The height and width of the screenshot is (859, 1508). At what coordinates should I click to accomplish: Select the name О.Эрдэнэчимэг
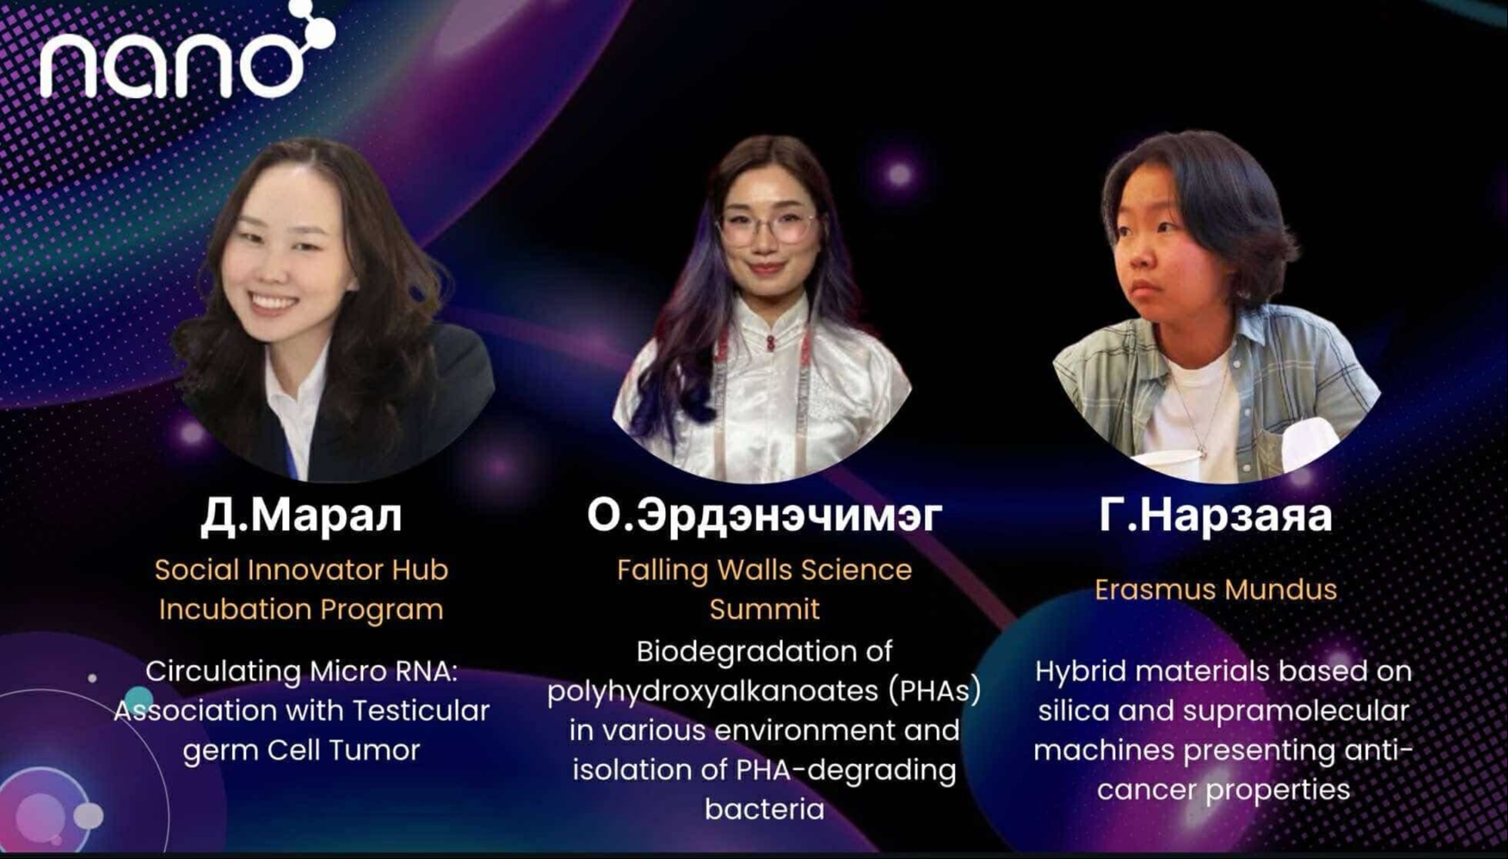point(764,515)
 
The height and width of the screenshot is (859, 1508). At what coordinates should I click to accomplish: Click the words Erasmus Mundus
point(1215,589)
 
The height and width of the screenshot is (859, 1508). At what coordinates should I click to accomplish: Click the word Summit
point(764,609)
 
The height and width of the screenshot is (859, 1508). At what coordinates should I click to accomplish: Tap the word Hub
point(420,570)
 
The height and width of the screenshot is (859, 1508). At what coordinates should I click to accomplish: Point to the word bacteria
point(764,809)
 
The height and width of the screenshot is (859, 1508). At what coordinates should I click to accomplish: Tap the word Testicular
point(417,710)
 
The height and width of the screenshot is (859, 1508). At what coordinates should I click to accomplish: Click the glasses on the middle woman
point(765,228)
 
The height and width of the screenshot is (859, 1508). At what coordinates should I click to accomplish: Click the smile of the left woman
point(272,301)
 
